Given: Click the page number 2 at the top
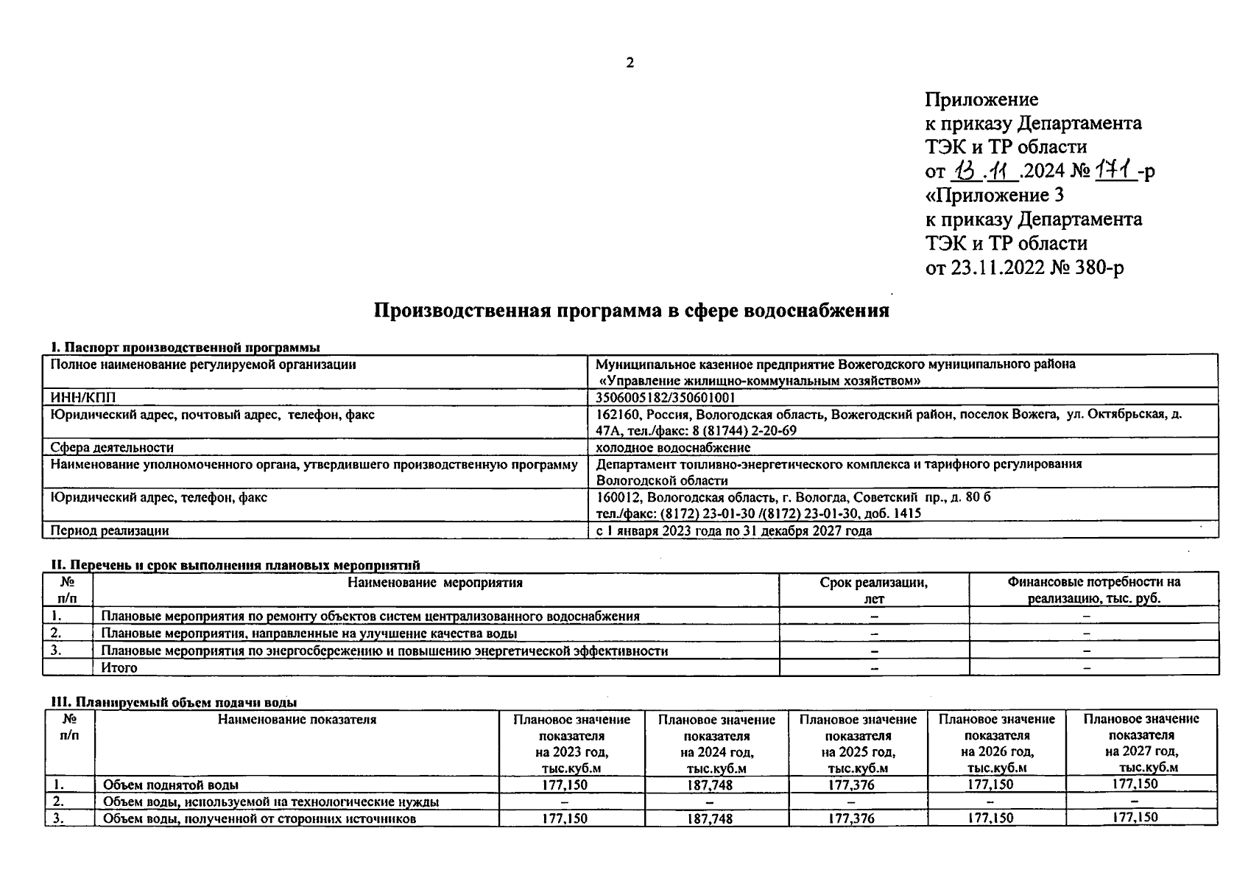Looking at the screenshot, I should point(630,63).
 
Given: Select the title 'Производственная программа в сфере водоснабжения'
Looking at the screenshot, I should point(631,310).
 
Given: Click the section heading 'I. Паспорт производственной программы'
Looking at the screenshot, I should point(185,347).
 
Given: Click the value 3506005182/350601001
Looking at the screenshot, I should point(666,398).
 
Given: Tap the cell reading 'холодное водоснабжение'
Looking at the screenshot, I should point(673,447).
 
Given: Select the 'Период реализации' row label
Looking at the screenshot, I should point(109,530).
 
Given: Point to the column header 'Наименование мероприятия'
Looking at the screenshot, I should point(435,583).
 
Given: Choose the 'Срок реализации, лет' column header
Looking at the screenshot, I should point(873,590).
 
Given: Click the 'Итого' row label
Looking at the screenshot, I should point(119,668).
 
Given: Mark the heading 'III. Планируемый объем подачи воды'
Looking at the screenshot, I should point(174,703).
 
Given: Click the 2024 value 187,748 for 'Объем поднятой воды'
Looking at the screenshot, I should point(709,785).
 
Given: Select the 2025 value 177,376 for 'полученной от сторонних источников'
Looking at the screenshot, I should point(851,818).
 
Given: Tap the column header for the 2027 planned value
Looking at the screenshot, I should point(1141,743).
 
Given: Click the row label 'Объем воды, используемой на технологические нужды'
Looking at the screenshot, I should point(271,801).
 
